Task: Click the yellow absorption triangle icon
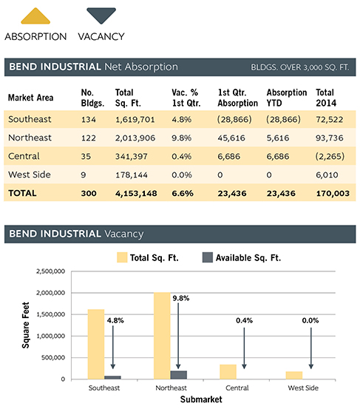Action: point(35,16)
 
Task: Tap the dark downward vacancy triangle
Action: point(101,15)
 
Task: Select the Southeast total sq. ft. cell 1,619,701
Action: point(135,120)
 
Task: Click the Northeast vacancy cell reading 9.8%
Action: point(181,138)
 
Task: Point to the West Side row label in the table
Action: point(30,175)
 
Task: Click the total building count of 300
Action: point(89,193)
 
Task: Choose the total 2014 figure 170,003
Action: point(333,193)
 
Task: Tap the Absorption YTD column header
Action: point(287,98)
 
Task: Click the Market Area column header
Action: point(31,98)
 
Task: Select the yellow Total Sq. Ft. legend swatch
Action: point(122,257)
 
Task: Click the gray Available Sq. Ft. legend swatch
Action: point(208,257)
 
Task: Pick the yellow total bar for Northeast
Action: point(162,336)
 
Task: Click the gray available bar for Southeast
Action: point(112,377)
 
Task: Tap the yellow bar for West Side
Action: point(294,376)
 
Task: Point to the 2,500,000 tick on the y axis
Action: point(50,271)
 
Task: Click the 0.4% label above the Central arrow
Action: point(244,320)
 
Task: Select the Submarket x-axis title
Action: point(201,399)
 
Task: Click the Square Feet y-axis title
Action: point(26,325)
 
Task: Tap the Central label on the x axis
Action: point(237,388)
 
